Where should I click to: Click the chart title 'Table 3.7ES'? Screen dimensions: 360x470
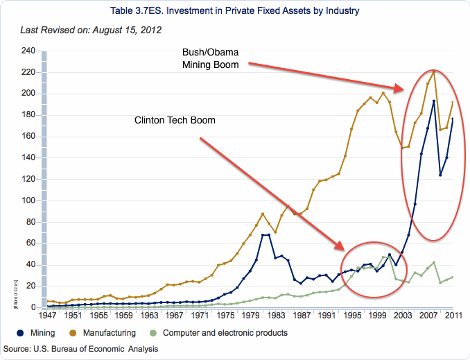tap(235, 12)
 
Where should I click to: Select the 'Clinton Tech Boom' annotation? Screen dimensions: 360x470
tap(175, 121)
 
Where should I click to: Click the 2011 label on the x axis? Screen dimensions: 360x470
tap(453, 316)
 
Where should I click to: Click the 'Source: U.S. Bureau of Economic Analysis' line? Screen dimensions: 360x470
tap(87, 347)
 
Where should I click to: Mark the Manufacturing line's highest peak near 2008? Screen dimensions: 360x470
tap(433, 71)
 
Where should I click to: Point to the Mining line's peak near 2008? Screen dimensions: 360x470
tap(433, 101)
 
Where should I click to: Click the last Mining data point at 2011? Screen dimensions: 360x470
tap(452, 119)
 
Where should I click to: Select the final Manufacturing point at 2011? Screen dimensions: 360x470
tap(452, 103)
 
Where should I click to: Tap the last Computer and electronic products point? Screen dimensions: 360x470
tap(452, 277)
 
